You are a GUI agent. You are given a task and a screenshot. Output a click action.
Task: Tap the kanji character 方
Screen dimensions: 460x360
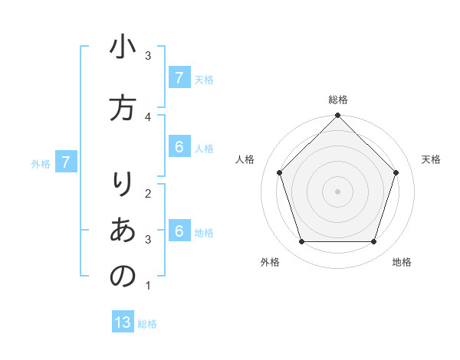[123, 108]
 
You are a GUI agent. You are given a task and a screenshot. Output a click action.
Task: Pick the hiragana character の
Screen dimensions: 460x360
[123, 276]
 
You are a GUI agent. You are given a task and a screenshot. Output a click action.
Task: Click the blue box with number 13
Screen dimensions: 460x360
[123, 322]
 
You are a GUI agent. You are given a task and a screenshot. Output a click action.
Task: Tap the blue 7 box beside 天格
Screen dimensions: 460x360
[179, 77]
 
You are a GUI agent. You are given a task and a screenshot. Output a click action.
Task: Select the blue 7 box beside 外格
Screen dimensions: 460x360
[66, 162]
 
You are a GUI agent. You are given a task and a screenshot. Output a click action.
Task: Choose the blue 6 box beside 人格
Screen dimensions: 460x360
[179, 146]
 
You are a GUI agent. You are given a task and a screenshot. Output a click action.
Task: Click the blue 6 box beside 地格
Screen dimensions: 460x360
[179, 231]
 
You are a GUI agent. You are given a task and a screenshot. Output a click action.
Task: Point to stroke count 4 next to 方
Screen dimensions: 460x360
[148, 116]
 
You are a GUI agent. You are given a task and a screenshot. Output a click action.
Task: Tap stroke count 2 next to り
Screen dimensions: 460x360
[148, 192]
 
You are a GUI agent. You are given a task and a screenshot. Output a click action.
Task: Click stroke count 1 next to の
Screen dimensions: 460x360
[148, 286]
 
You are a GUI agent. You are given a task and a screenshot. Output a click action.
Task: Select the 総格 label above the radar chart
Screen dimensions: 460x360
[338, 100]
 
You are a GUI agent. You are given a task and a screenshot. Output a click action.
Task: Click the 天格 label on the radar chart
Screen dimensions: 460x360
[432, 159]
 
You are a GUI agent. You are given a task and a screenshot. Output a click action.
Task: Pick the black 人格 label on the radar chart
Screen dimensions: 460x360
[245, 159]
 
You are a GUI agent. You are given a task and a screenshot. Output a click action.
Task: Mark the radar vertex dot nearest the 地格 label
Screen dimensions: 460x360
[374, 242]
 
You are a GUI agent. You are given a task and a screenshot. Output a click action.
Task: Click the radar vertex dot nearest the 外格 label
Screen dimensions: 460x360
[301, 242]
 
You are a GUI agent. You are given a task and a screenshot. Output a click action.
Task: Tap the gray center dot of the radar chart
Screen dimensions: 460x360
[338, 191]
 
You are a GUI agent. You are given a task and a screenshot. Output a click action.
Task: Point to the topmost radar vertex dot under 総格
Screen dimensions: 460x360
[338, 116]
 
